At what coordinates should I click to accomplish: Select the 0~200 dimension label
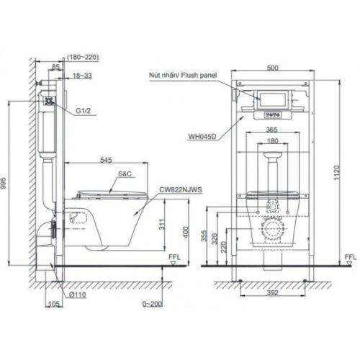click(154, 305)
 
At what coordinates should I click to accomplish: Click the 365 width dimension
click(271, 130)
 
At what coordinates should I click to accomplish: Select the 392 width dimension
click(271, 294)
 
